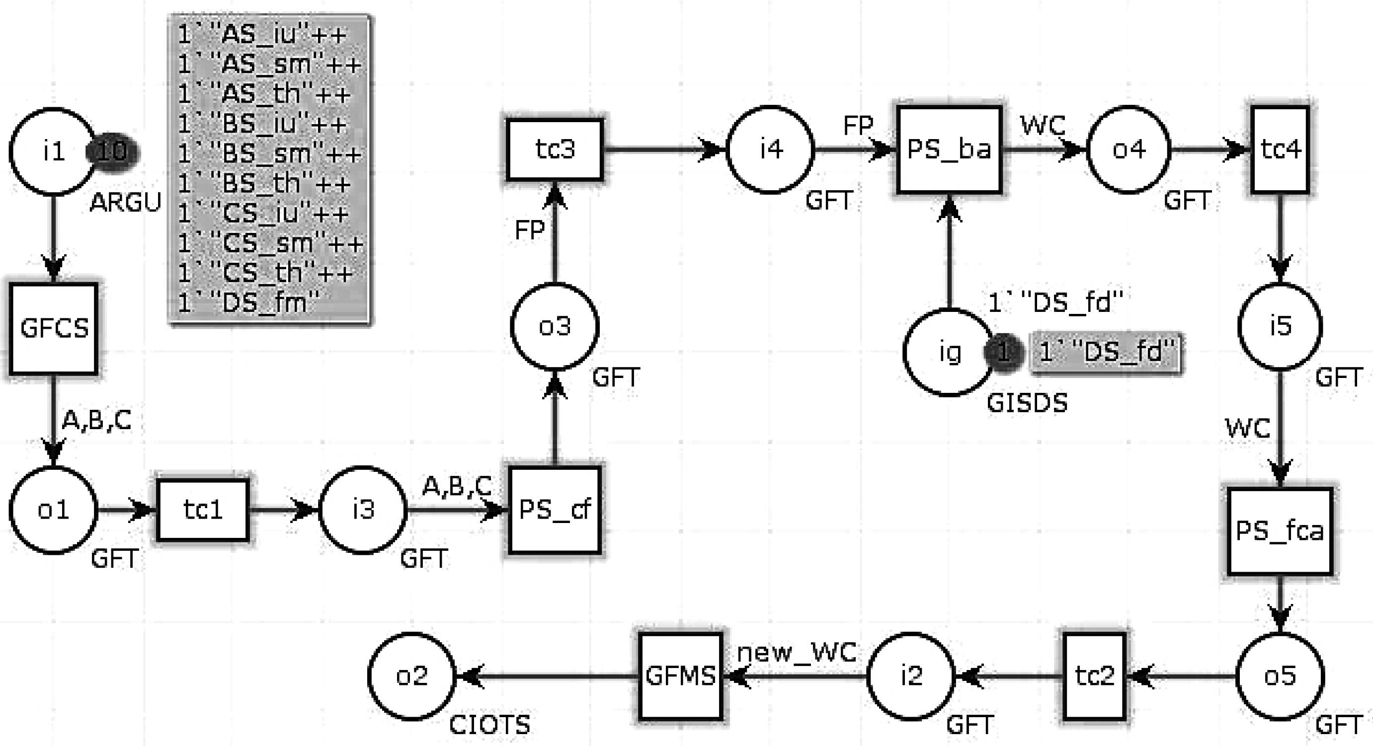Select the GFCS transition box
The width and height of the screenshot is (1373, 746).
(x=53, y=328)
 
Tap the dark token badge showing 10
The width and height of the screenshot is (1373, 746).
(x=112, y=152)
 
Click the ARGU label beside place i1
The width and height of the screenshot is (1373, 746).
(x=125, y=203)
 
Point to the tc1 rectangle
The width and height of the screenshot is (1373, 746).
(x=203, y=510)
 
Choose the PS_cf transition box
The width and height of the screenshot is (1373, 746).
(x=554, y=510)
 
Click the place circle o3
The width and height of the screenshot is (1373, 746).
(x=554, y=326)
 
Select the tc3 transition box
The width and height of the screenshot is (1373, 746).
(x=554, y=149)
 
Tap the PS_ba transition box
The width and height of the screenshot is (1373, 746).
(x=949, y=149)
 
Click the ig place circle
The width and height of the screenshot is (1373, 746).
(x=949, y=352)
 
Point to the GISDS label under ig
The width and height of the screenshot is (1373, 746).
(x=1027, y=403)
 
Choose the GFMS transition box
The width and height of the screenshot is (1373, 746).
(x=681, y=676)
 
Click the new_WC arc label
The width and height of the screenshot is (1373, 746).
(x=797, y=652)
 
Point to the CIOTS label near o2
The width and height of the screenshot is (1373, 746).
(x=489, y=725)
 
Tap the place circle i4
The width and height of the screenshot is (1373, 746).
(x=771, y=149)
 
